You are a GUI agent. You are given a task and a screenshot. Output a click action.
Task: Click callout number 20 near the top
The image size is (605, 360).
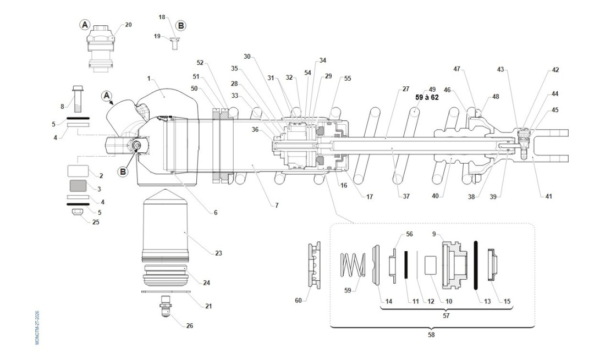click(x=129, y=25)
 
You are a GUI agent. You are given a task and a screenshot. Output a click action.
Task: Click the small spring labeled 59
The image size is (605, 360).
click(x=352, y=264)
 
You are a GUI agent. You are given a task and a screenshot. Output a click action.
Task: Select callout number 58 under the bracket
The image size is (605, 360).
click(x=431, y=335)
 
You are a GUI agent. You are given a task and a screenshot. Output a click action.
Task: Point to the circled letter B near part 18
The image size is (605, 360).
click(x=180, y=25)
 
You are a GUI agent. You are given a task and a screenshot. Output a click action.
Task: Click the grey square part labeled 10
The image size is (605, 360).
click(x=431, y=265)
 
